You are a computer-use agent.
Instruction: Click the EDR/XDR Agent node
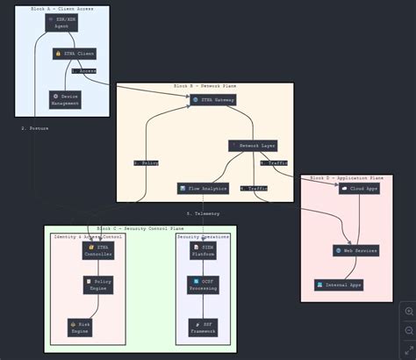[62, 22]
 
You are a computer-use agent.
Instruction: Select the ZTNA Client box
[75, 54]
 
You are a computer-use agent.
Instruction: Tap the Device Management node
[66, 98]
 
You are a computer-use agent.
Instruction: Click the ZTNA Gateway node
[213, 100]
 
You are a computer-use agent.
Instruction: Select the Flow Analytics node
[203, 188]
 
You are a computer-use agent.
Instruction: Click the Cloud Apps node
[360, 188]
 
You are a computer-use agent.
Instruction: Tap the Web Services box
[355, 250]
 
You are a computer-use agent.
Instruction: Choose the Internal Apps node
[338, 284]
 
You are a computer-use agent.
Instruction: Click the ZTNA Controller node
[98, 250]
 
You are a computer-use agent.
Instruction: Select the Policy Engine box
[98, 284]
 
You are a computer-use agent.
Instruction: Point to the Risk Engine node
[79, 328]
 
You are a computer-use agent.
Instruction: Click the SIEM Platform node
[204, 250]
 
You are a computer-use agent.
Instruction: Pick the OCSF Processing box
[204, 284]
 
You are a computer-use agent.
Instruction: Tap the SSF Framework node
[204, 328]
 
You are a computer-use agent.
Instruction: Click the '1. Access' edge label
[84, 70]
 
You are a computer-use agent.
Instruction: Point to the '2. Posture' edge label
[35, 128]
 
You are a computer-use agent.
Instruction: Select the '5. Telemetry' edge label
[203, 213]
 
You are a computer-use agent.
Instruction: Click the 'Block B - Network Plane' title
[205, 86]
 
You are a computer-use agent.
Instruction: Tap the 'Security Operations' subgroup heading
[203, 237]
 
